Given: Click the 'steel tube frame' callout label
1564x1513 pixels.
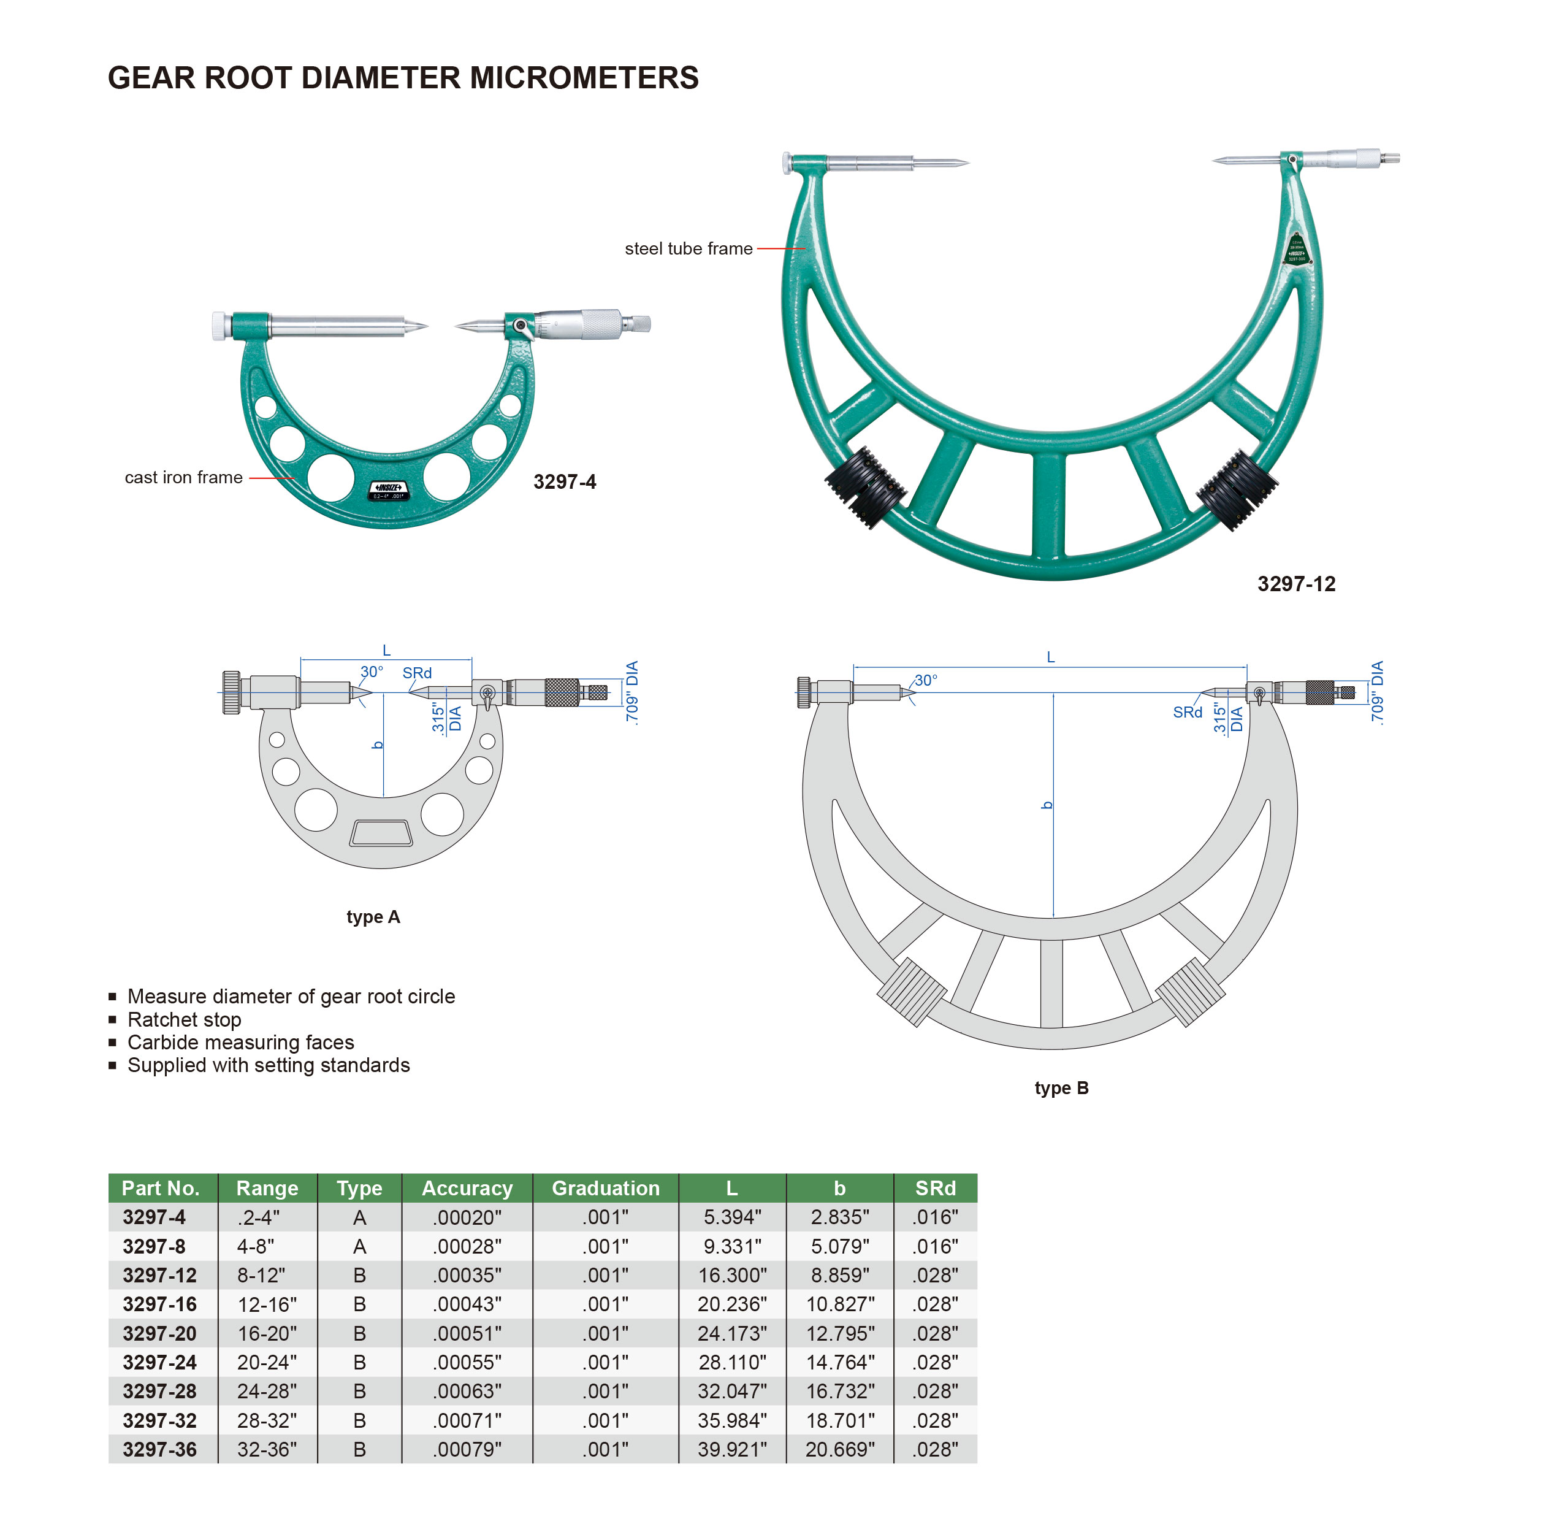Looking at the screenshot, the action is click(x=689, y=248).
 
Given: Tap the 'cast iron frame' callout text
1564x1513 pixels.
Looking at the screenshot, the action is click(x=183, y=478).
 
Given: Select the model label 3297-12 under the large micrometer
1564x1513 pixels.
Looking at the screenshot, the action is click(x=1296, y=584).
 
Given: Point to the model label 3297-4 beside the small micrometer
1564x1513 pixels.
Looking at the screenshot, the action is click(x=564, y=481).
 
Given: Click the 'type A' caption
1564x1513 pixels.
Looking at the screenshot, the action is click(x=373, y=917).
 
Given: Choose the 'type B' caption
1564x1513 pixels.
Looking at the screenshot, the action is click(x=1061, y=1087).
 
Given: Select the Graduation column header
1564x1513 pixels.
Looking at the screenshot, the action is click(x=606, y=1188).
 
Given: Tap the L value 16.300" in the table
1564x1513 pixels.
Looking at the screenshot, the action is click(x=733, y=1275).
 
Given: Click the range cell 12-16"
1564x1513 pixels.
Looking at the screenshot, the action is click(x=267, y=1304).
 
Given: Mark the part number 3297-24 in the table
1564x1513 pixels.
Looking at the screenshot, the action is click(x=159, y=1362).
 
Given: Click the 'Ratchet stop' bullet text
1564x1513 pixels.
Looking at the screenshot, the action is click(x=185, y=1019).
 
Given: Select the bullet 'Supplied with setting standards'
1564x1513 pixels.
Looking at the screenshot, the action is click(x=269, y=1065).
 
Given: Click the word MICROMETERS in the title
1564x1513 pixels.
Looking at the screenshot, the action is click(x=584, y=77).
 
